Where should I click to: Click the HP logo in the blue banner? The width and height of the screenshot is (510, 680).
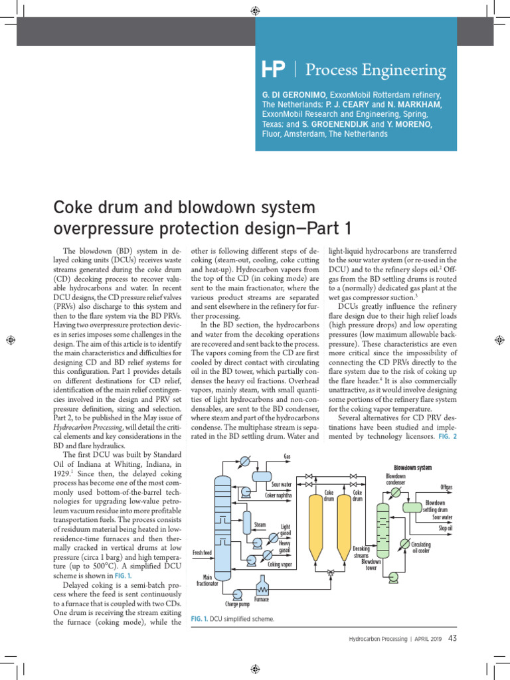pos(274,68)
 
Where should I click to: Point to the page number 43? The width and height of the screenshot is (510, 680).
pos(452,639)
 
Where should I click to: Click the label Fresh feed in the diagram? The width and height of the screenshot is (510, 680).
pos(202,552)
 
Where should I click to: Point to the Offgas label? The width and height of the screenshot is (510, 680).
pos(446,487)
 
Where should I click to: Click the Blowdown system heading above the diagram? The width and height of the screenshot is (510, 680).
pos(412,467)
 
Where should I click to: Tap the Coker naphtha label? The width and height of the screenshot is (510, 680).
pos(279,495)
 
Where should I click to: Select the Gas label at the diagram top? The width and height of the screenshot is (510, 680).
pos(288,457)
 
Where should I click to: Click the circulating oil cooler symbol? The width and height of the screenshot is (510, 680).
pos(405,544)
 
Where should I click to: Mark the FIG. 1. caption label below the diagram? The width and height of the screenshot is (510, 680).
pos(199,619)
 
